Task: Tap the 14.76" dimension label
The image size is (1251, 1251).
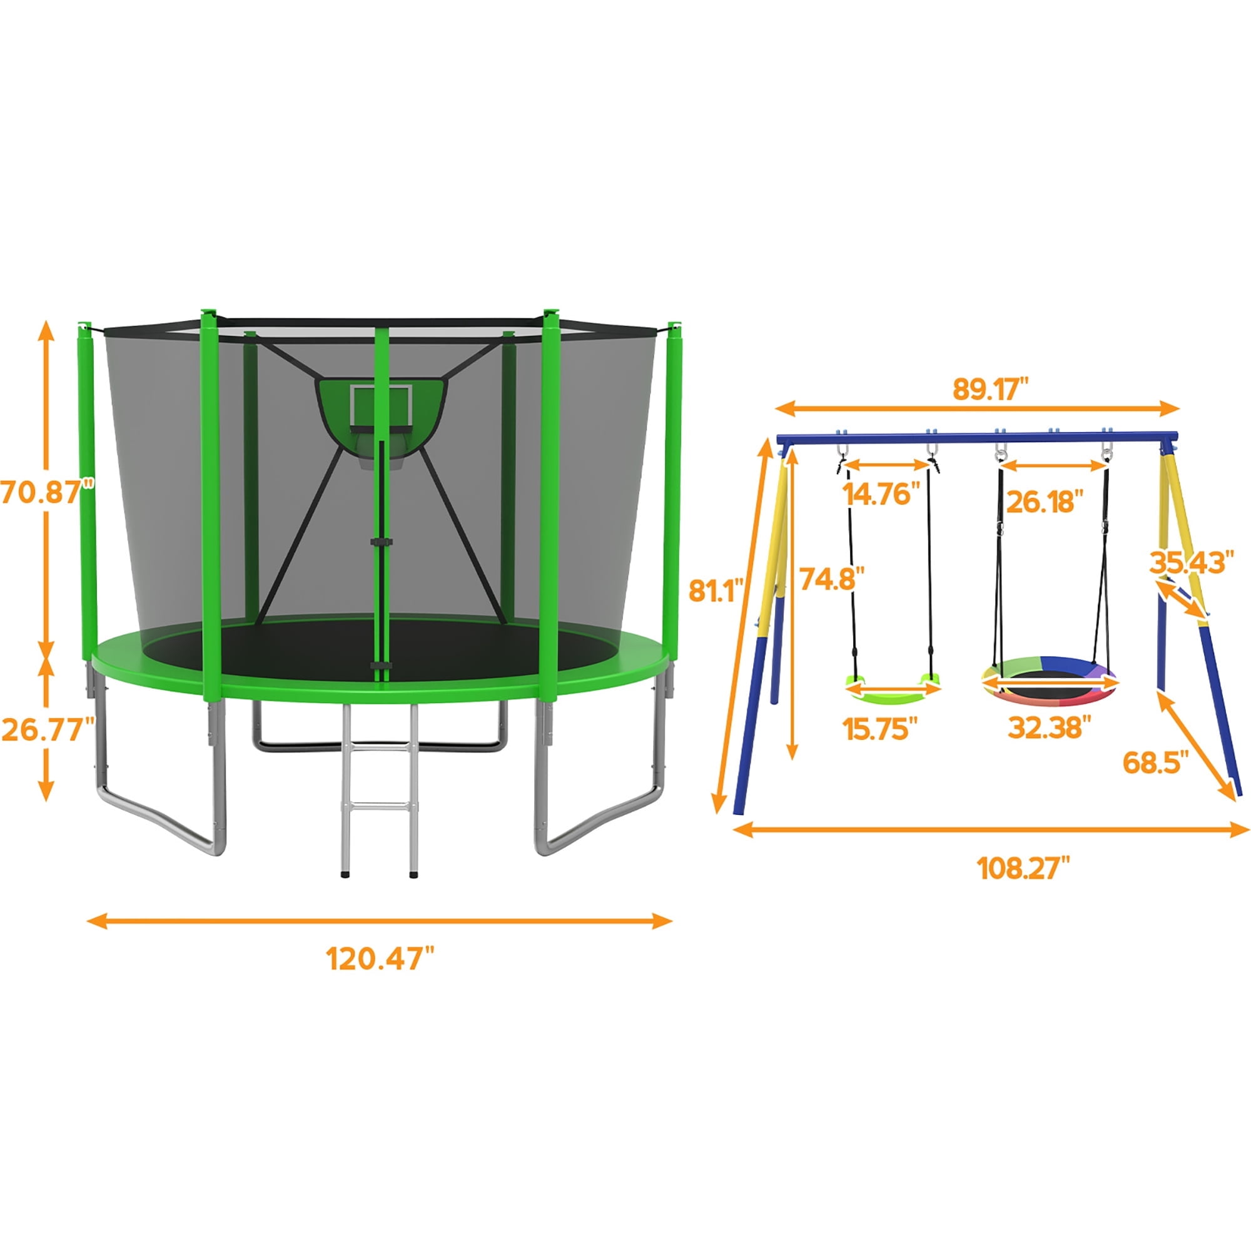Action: click(x=881, y=494)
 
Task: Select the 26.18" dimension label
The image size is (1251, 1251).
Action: click(x=1045, y=501)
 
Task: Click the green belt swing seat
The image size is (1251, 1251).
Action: click(x=893, y=688)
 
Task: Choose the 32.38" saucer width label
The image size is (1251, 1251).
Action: click(x=1045, y=728)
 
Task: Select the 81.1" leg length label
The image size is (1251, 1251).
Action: click(x=714, y=590)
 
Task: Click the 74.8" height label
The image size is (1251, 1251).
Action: click(x=832, y=578)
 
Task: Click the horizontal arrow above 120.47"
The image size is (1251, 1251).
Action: click(x=380, y=920)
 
